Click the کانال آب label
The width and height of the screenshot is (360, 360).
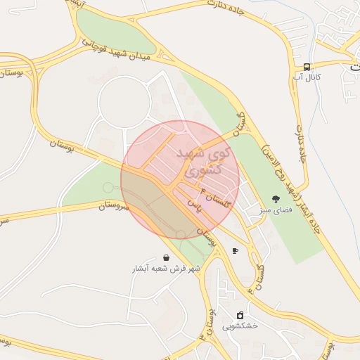pos(308,77)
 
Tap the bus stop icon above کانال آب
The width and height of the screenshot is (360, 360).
pos(307,65)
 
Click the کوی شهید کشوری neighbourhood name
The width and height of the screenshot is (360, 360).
pos(196,160)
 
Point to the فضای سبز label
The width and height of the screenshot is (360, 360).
pos(276,210)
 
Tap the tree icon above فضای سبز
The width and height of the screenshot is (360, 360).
pos(276,198)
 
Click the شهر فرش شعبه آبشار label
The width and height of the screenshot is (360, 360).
pos(166,269)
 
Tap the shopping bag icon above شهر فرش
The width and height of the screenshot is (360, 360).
pos(166,257)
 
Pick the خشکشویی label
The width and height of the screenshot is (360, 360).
pos(240,326)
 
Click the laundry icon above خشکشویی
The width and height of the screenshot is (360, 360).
pos(240,314)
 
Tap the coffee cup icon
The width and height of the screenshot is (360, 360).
pos(235,250)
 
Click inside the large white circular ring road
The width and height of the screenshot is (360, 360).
pos(125,103)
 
